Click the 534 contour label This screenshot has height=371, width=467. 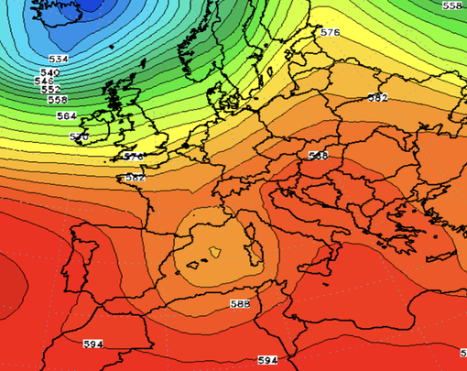point(59,59)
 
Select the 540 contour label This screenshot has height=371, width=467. point(50,72)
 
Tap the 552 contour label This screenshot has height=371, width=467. point(51,90)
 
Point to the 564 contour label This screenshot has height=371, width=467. point(66,116)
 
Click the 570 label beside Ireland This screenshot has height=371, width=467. point(80,136)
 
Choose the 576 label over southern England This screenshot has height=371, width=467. point(133,157)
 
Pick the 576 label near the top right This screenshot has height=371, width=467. point(330,32)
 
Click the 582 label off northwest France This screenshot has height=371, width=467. point(134,177)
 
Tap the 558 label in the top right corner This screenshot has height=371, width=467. point(452,5)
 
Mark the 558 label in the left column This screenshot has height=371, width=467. point(57,99)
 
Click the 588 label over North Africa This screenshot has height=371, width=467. point(241,303)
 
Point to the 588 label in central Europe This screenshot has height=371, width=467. point(318,156)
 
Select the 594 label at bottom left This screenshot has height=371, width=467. point(92,344)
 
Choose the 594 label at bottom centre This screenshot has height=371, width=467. point(266,360)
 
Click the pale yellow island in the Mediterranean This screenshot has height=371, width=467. point(216,251)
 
